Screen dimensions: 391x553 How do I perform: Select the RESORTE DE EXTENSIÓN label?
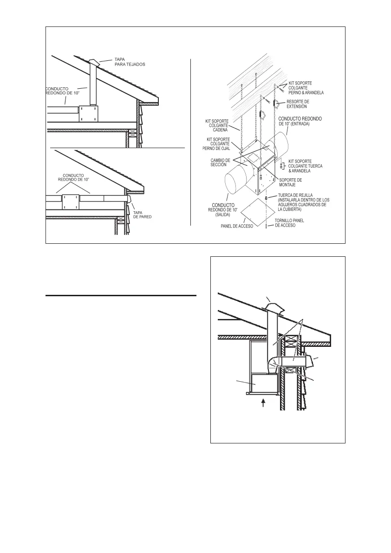pyautogui.click(x=298, y=104)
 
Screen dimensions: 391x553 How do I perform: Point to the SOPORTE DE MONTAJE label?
pyautogui.click(x=290, y=182)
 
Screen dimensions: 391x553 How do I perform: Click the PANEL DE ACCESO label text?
pyautogui.click(x=237, y=227)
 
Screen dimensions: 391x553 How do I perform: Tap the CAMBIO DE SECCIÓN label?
pyautogui.click(x=220, y=163)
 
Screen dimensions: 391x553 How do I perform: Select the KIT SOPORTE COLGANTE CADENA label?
pyautogui.click(x=217, y=125)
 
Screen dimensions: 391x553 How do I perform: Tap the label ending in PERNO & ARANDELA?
pyautogui.click(x=306, y=88)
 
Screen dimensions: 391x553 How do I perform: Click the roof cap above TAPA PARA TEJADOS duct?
pyautogui.click(x=93, y=63)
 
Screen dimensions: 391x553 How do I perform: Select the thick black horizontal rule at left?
pyautogui.click(x=121, y=295)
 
